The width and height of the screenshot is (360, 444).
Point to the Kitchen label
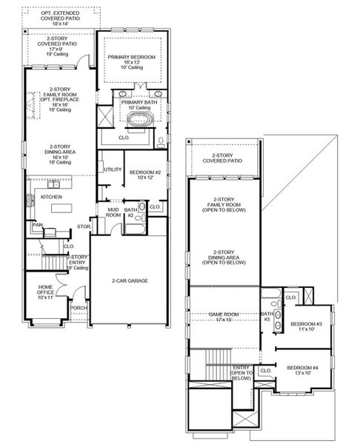pyautogui.click(x=51, y=197)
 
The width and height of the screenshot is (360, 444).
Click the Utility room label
pyautogui.click(x=113, y=169)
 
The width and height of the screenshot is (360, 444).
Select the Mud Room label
pyautogui.click(x=113, y=213)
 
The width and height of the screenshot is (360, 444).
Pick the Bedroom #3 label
pyautogui.click(x=305, y=328)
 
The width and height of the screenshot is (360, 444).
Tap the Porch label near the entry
pyautogui.click(x=79, y=307)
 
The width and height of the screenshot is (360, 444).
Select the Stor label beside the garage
pyautogui.click(x=84, y=226)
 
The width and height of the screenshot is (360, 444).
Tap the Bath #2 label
pyautogui.click(x=129, y=213)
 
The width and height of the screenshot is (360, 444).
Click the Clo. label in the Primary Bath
pyautogui.click(x=124, y=138)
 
